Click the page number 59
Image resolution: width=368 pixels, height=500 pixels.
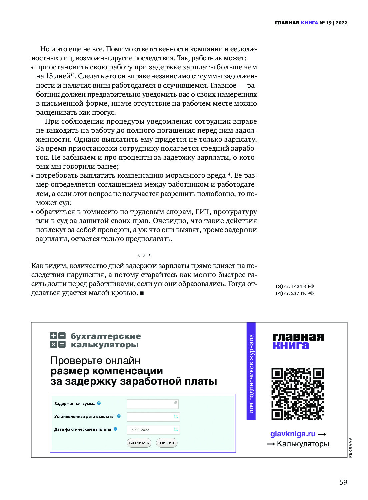click(x=343, y=482)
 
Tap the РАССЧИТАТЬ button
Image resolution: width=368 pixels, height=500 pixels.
click(x=139, y=443)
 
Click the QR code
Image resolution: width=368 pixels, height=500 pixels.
click(x=297, y=394)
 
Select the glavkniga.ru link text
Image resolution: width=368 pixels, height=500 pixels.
click(x=293, y=434)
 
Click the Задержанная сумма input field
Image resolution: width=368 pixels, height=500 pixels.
click(x=152, y=404)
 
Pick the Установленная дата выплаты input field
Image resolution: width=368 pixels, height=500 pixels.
click(x=152, y=417)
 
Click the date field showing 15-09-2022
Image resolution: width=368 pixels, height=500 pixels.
click(x=152, y=430)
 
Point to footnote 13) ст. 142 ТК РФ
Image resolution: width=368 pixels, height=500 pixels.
click(x=294, y=286)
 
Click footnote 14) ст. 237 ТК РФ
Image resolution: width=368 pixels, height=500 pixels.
click(x=294, y=293)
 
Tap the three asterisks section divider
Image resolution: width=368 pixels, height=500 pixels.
click(x=144, y=256)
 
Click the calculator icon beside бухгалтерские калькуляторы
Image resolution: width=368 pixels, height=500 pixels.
click(x=58, y=340)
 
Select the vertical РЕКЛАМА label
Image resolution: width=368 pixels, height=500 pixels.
click(x=350, y=447)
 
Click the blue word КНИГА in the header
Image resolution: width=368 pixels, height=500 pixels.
click(x=309, y=23)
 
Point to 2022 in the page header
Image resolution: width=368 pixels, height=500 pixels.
click(x=341, y=23)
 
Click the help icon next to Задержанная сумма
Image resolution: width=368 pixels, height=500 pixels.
click(x=99, y=403)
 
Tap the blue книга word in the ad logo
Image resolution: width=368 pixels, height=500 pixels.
click(x=291, y=346)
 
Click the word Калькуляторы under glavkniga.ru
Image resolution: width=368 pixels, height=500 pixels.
click(x=303, y=444)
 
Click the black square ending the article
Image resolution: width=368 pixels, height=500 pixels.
click(x=142, y=293)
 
